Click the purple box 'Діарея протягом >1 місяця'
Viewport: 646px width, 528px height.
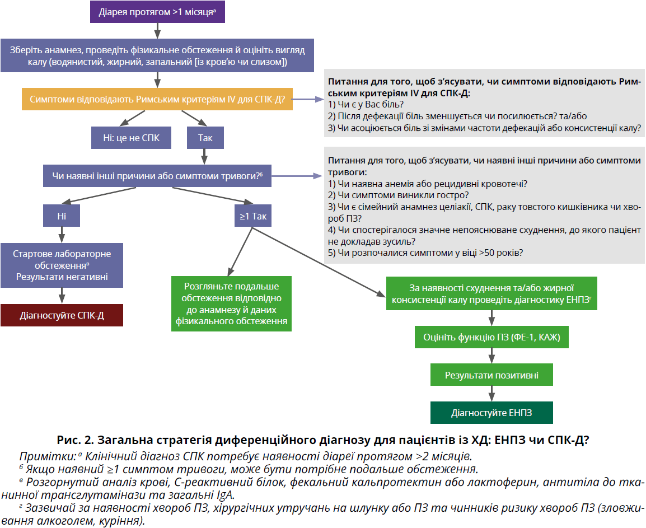[157, 11]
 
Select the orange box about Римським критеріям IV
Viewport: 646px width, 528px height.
[157, 99]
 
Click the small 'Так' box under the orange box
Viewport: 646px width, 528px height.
[205, 138]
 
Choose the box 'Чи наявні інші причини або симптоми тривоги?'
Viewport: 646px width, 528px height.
[157, 175]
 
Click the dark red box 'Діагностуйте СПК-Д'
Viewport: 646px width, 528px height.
[62, 315]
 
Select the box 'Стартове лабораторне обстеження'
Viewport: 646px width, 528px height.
[62, 265]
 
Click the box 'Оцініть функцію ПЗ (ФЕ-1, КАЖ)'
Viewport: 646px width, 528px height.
[491, 338]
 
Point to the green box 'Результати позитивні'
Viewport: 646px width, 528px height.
[491, 375]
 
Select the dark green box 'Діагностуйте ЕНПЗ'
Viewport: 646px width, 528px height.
[491, 413]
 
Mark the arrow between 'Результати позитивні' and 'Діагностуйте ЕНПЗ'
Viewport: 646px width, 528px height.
[491, 394]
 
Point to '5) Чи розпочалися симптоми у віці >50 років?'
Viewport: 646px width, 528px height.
[425, 253]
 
